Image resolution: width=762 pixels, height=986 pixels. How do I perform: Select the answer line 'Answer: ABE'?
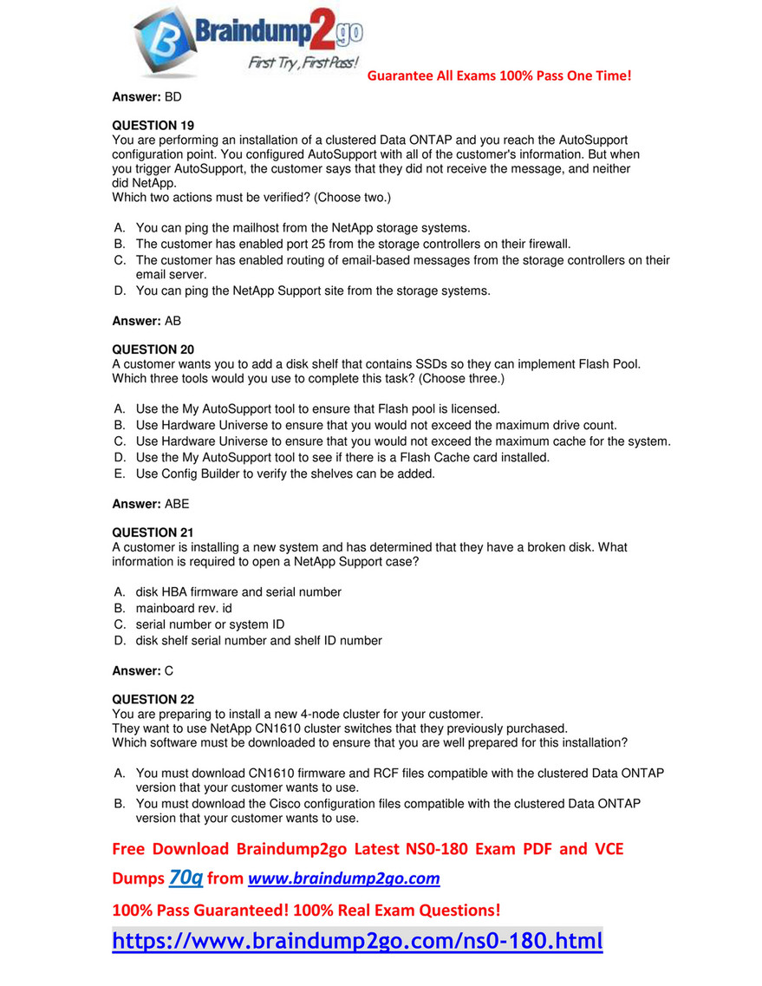click(151, 503)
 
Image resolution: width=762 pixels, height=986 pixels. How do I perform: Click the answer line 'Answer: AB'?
click(147, 321)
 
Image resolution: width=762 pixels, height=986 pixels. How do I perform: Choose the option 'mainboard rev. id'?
click(184, 608)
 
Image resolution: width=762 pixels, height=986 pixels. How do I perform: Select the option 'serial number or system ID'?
click(210, 624)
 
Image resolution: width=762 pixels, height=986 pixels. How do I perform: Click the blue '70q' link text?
click(186, 878)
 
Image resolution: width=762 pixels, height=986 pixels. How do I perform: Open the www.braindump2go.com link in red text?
click(344, 879)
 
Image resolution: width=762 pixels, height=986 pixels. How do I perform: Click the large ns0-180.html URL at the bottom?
click(357, 941)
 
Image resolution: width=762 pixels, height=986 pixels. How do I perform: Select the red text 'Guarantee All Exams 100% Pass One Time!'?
click(499, 75)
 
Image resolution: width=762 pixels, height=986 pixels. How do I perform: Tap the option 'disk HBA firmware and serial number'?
click(238, 591)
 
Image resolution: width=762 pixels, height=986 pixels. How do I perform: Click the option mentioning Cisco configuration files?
click(388, 811)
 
